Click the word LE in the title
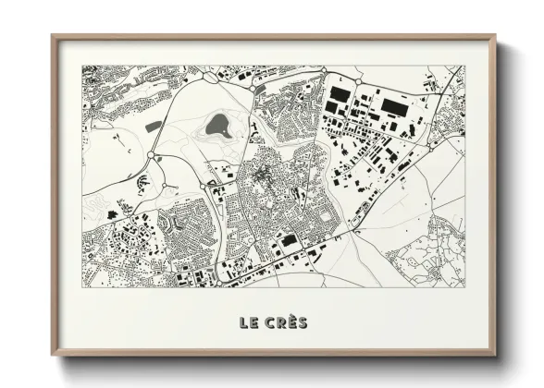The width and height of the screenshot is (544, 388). (248, 322)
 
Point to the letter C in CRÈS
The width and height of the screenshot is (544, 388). (268, 322)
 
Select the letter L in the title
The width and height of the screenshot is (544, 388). (243, 322)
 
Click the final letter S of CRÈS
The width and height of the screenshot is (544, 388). (303, 322)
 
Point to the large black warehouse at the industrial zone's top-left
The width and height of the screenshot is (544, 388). (340, 95)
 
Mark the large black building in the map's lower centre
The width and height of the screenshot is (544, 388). (289, 240)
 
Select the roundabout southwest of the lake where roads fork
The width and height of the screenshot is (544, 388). (151, 154)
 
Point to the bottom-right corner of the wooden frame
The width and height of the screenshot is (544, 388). (495, 355)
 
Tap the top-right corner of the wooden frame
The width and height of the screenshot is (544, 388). (495, 37)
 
